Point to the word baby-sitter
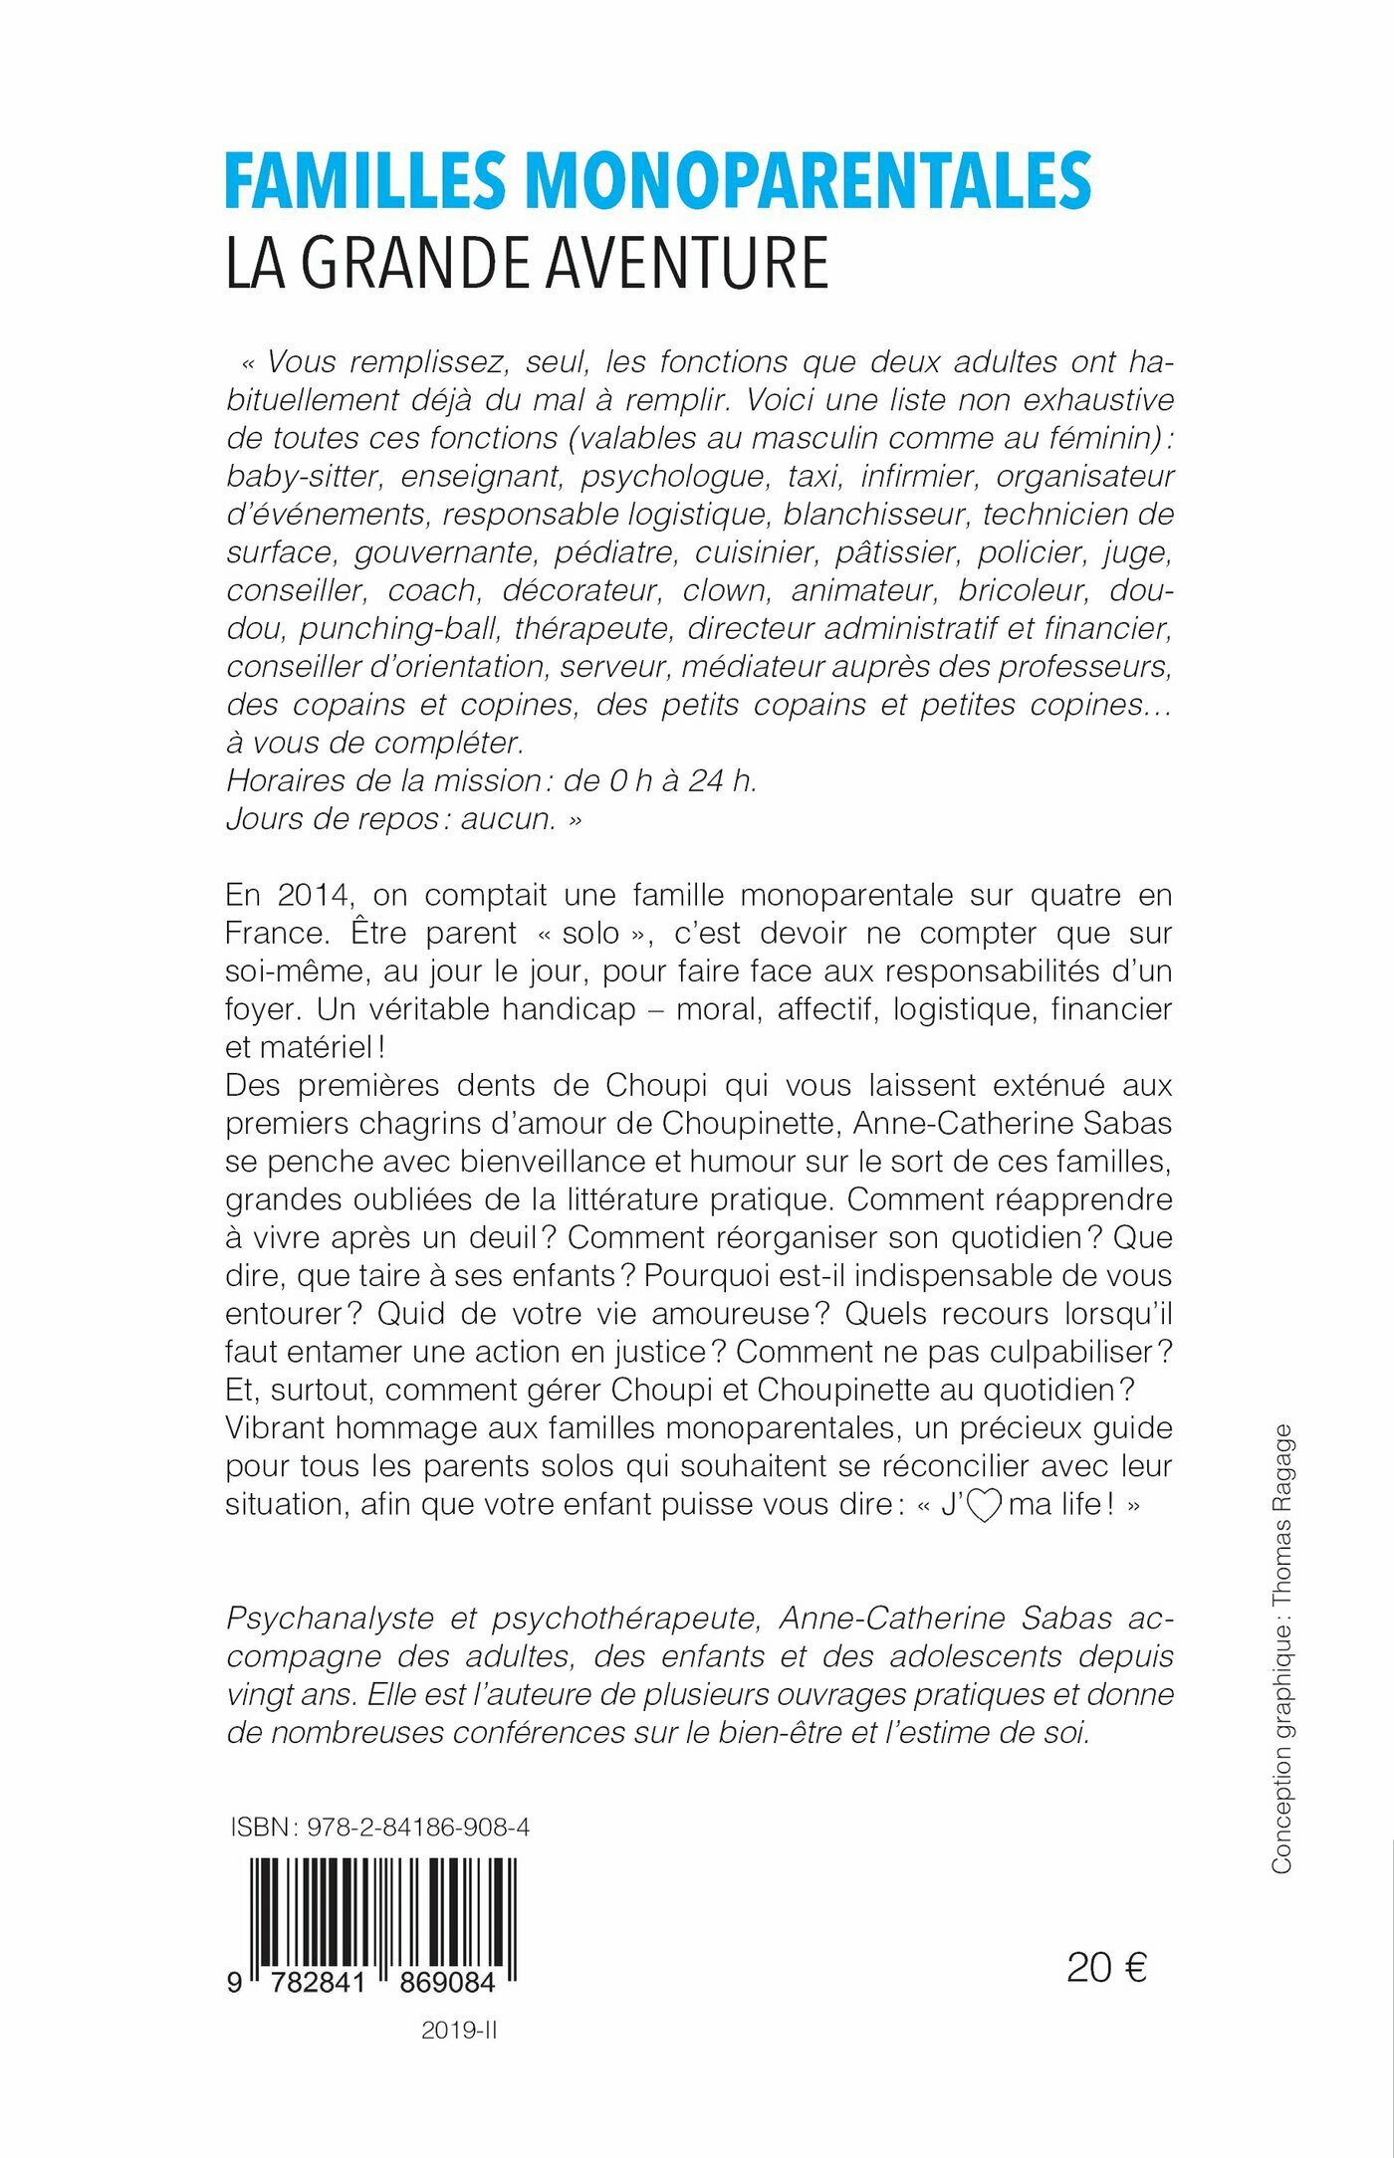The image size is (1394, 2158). [x=304, y=476]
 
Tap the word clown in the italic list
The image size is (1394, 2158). [x=726, y=590]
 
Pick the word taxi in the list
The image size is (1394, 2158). [x=814, y=476]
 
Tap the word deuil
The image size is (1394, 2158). [x=506, y=1237]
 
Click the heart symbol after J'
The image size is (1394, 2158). [x=984, y=1505]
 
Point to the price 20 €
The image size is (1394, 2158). [x=1106, y=1968]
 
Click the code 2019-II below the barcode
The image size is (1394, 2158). [x=458, y=2032]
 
